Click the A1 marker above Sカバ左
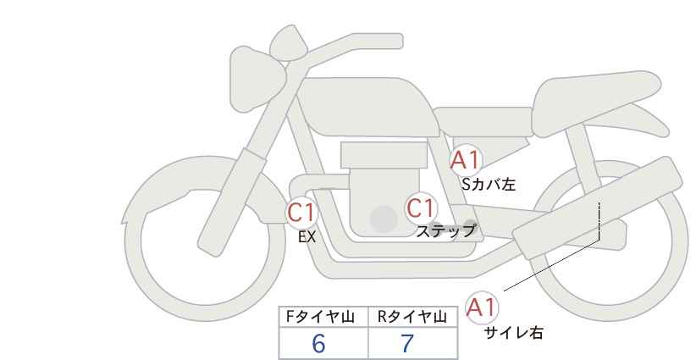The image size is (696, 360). pos(465,160)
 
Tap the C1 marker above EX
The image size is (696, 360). pos(301,211)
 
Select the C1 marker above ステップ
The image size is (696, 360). pos(420,208)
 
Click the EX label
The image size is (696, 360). pos(307,237)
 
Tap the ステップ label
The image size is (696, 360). pos(446,230)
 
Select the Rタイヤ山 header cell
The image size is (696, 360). pos(412,317)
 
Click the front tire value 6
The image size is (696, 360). pos(318,343)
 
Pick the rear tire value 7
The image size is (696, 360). pos(407,343)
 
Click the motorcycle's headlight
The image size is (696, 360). pos(253,67)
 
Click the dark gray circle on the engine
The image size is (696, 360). pos(384,219)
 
